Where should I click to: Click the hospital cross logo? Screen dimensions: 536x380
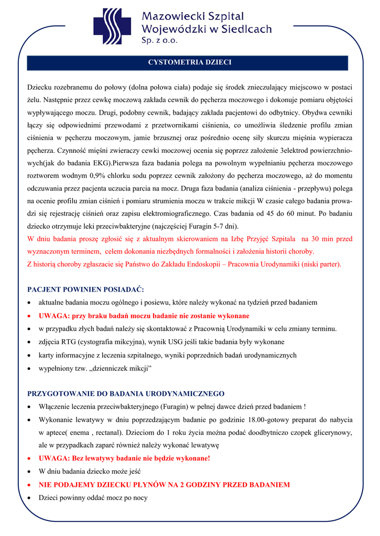click(116, 26)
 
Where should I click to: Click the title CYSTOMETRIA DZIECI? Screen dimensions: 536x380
click(190, 63)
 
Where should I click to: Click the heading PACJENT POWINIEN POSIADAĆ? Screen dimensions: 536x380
click(85, 289)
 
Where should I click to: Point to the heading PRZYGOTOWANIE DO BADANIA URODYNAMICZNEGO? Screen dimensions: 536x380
click(126, 394)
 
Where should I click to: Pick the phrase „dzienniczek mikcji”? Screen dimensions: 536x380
click(118, 368)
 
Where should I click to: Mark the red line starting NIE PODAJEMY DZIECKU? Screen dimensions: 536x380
click(164, 485)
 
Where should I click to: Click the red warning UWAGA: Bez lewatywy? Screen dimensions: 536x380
click(124, 459)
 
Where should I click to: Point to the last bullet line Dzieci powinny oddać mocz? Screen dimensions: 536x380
click(93, 498)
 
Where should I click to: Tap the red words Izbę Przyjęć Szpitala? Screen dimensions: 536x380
click(259, 239)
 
